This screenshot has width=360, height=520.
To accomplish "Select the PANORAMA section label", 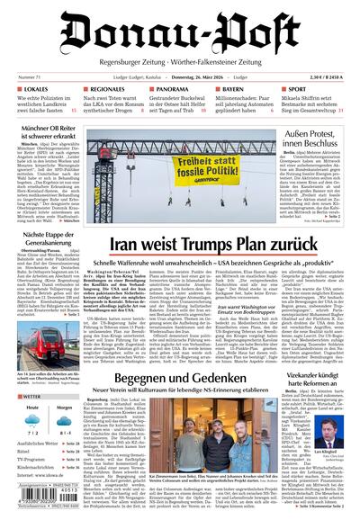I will pos(173,90).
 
